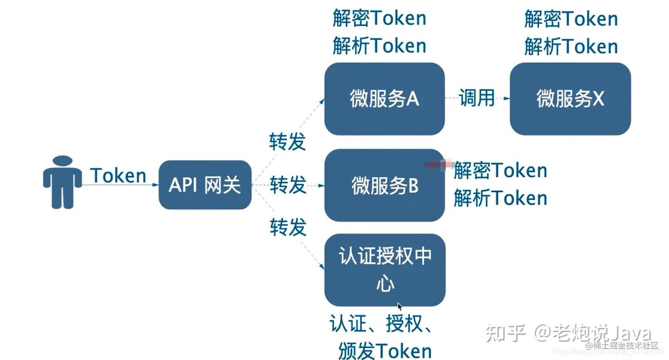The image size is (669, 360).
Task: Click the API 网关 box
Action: pos(205,185)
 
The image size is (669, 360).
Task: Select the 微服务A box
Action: pos(384,99)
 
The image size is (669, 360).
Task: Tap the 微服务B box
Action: pos(384,185)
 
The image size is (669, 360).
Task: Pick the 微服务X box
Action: pos(570,99)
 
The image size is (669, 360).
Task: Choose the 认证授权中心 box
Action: pos(385,270)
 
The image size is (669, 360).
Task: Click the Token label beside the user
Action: pos(118,176)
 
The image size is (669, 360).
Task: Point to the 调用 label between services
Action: pos(477,98)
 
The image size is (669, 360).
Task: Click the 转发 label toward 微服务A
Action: pos(288,142)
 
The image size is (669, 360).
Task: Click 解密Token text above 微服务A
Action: pos(379,19)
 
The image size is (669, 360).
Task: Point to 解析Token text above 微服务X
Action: pos(571,46)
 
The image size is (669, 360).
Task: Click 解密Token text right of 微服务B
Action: pos(500,170)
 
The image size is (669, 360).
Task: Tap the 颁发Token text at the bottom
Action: pos(385,351)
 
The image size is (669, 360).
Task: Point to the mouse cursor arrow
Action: pos(400,307)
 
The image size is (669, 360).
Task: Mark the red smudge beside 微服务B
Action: pos(439,164)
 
